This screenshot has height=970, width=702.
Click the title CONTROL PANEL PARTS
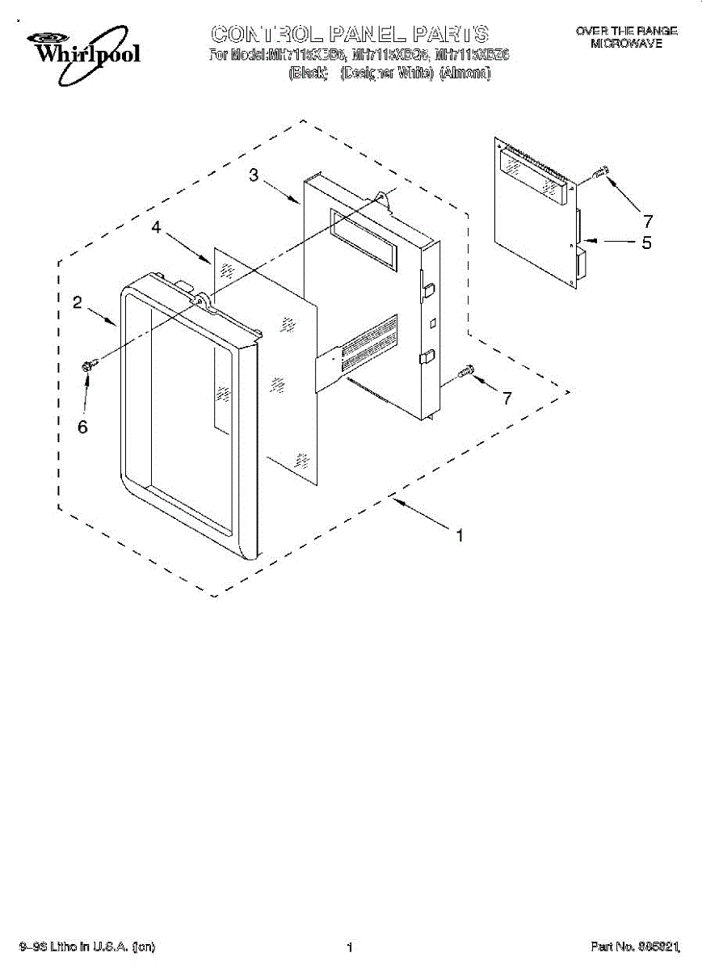click(x=350, y=34)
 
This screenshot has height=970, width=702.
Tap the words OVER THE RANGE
click(x=626, y=31)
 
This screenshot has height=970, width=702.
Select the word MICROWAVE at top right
click(x=626, y=44)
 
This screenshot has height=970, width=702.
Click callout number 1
click(x=460, y=534)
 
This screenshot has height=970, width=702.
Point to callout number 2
click(x=77, y=302)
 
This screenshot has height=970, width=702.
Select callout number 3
click(x=254, y=175)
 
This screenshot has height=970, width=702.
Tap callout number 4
click(x=157, y=229)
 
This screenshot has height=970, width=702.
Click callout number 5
click(x=646, y=242)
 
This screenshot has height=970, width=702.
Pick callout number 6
click(x=82, y=427)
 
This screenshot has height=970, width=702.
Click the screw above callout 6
click(x=90, y=365)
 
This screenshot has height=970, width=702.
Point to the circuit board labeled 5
click(x=537, y=214)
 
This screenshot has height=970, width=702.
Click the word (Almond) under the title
click(x=464, y=73)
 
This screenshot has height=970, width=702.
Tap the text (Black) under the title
click(x=307, y=73)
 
